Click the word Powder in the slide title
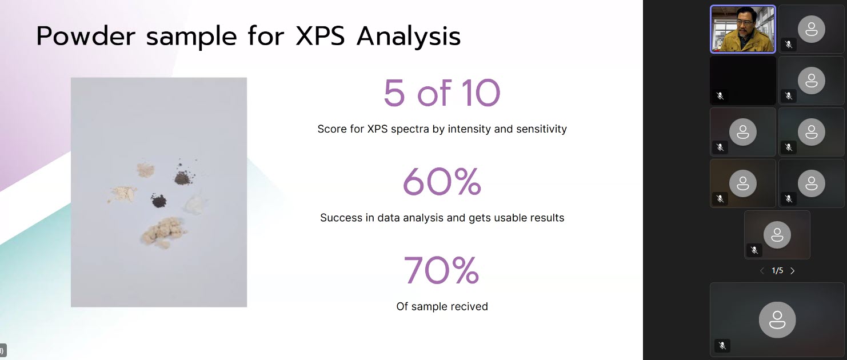pyautogui.click(x=86, y=37)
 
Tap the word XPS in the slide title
pyautogui.click(x=320, y=37)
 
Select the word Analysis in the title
pyautogui.click(x=409, y=37)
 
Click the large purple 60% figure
pyautogui.click(x=442, y=182)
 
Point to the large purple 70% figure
pyautogui.click(x=442, y=270)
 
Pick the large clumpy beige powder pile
pyautogui.click(x=163, y=231)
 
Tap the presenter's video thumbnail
pyautogui.click(x=742, y=29)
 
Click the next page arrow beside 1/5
pyautogui.click(x=793, y=271)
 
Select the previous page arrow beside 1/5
pyautogui.click(x=762, y=271)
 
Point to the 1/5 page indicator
pyautogui.click(x=777, y=271)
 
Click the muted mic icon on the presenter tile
pyautogui.click(x=789, y=45)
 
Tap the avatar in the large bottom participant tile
pyautogui.click(x=777, y=319)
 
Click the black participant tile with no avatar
pyautogui.click(x=742, y=81)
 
